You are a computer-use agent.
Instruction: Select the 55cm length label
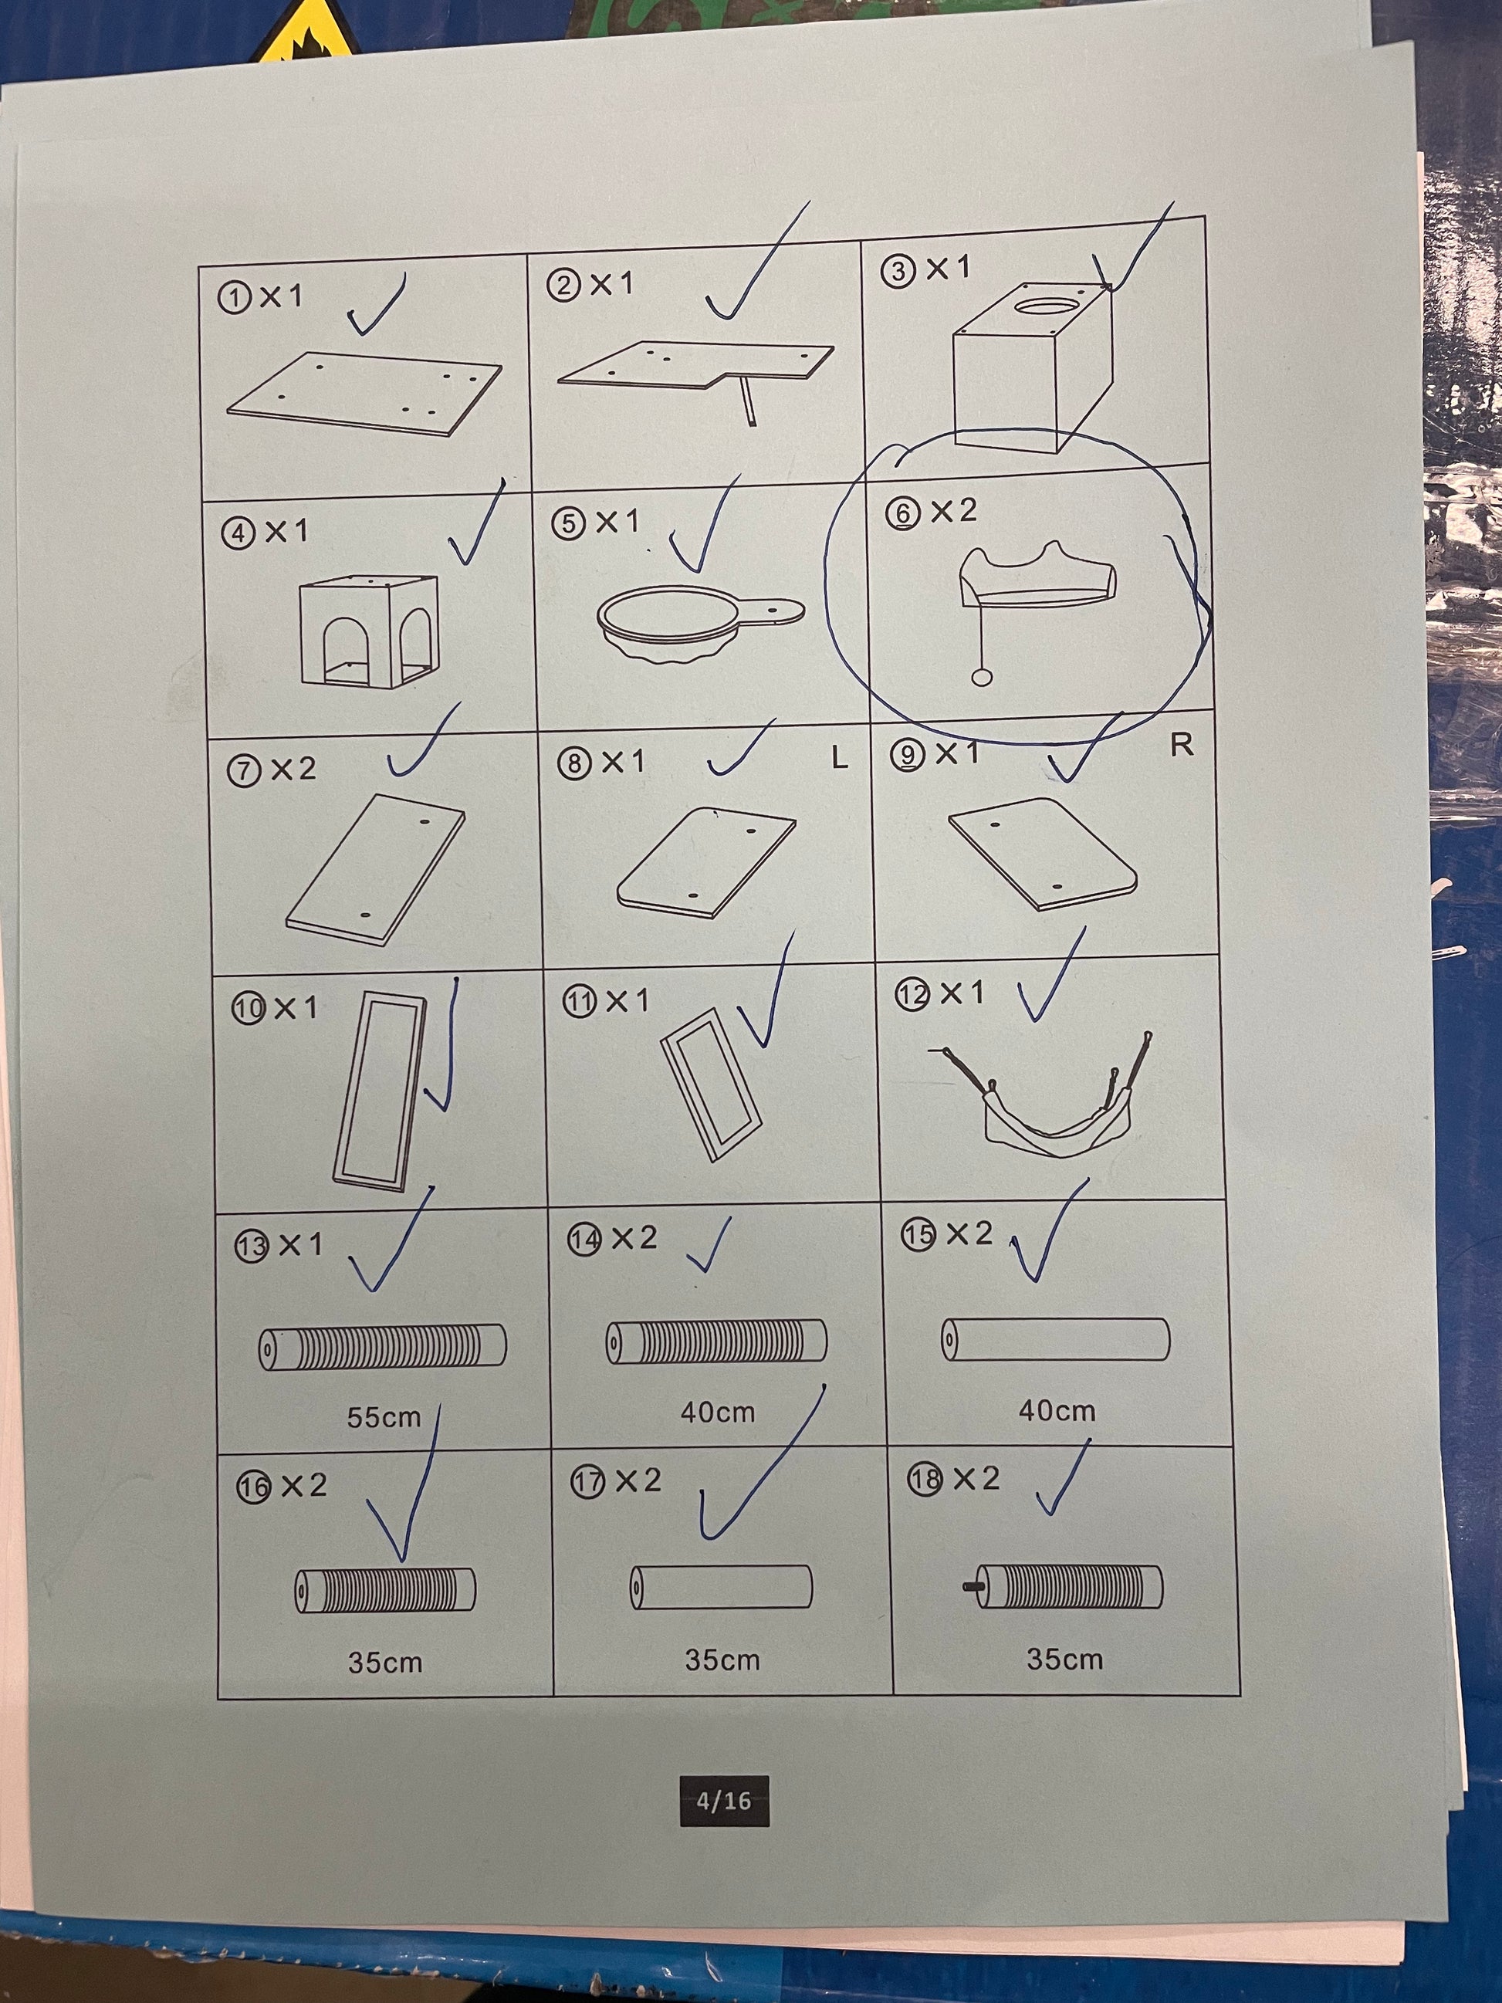click(384, 1417)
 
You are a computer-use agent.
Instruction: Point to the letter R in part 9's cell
click(1182, 744)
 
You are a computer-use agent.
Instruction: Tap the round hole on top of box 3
click(1047, 305)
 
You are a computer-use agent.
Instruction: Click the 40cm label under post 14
click(718, 1412)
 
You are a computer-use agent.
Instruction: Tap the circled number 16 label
click(255, 1487)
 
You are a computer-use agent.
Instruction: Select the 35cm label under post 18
click(1064, 1659)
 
